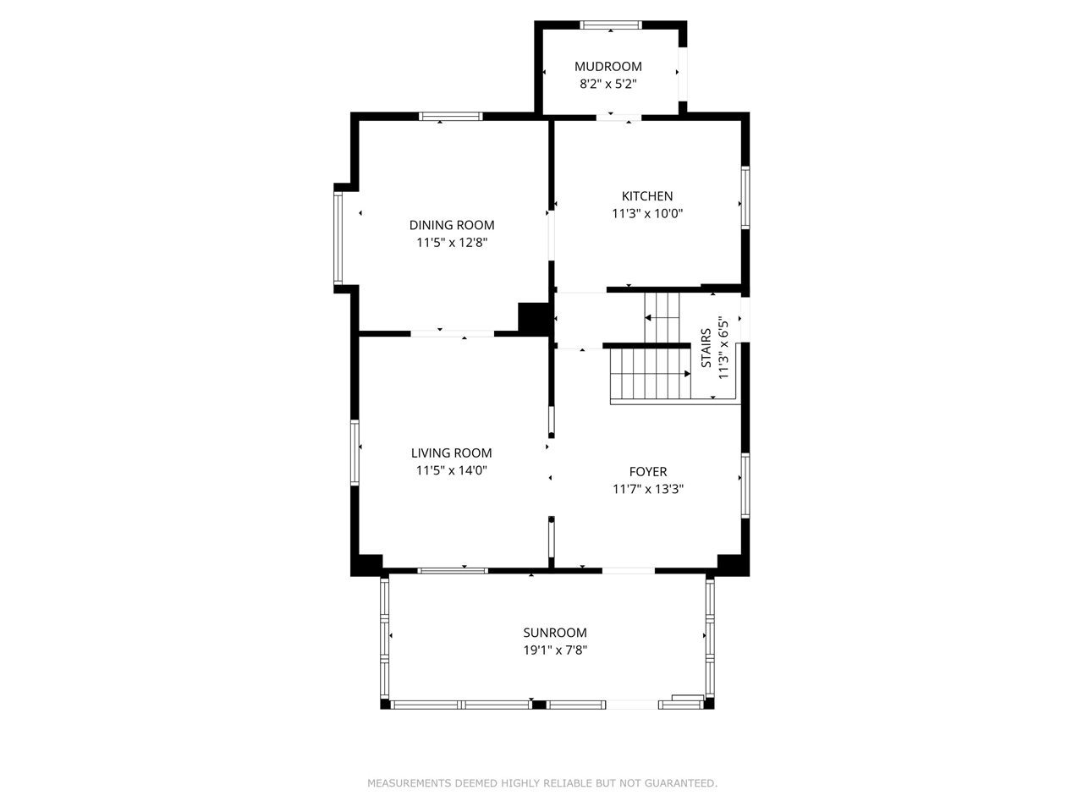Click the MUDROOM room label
(607, 66)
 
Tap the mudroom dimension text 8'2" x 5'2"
(607, 84)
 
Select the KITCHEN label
(647, 196)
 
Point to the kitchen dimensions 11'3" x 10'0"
(647, 213)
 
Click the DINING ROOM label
(452, 225)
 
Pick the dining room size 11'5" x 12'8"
(452, 243)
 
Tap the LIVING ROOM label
(452, 453)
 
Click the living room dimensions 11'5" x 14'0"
(452, 470)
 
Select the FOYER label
(648, 472)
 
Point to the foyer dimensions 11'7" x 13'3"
(648, 489)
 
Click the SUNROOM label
(555, 633)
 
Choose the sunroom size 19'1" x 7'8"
(555, 650)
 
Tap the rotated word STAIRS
(706, 348)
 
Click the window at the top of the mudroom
(610, 25)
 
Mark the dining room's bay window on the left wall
(338, 239)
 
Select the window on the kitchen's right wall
(745, 198)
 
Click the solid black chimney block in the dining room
(533, 318)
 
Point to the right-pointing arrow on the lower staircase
(687, 374)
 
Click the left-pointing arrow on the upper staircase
(648, 318)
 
